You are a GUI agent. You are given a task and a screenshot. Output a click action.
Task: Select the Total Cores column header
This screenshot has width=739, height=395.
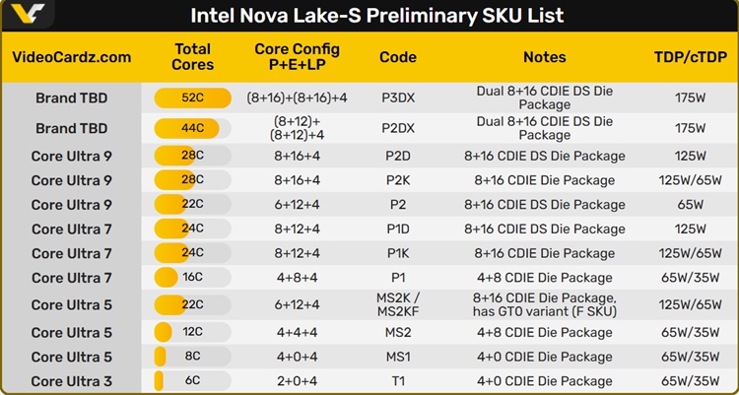(x=192, y=57)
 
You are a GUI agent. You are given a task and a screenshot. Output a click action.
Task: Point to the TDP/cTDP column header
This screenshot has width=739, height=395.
(x=690, y=57)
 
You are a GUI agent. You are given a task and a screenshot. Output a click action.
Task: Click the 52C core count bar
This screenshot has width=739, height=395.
(x=192, y=99)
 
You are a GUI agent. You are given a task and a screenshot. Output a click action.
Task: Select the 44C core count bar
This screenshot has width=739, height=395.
(x=192, y=128)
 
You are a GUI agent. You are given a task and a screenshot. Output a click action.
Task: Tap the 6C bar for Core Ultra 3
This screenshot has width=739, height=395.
(x=192, y=381)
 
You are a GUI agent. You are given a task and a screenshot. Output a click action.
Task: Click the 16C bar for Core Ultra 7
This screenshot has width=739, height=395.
(x=192, y=278)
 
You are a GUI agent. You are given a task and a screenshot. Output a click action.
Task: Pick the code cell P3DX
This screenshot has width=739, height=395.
(x=398, y=99)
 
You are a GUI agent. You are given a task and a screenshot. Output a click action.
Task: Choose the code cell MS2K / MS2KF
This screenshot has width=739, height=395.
(x=398, y=304)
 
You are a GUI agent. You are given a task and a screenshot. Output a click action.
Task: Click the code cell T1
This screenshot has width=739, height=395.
(x=398, y=381)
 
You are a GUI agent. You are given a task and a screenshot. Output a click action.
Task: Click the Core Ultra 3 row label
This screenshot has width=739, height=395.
(x=71, y=381)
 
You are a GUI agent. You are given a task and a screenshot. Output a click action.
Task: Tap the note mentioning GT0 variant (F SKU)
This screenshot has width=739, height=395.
(x=544, y=304)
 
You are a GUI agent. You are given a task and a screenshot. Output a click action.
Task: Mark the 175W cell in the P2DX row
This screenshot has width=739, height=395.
(x=690, y=128)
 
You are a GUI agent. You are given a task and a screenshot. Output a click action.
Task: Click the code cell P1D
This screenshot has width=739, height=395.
(x=398, y=229)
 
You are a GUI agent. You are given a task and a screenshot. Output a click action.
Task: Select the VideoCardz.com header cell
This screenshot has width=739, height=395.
(x=71, y=57)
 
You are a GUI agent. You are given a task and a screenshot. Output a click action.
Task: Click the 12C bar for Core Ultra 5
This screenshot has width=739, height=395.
(x=192, y=333)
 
